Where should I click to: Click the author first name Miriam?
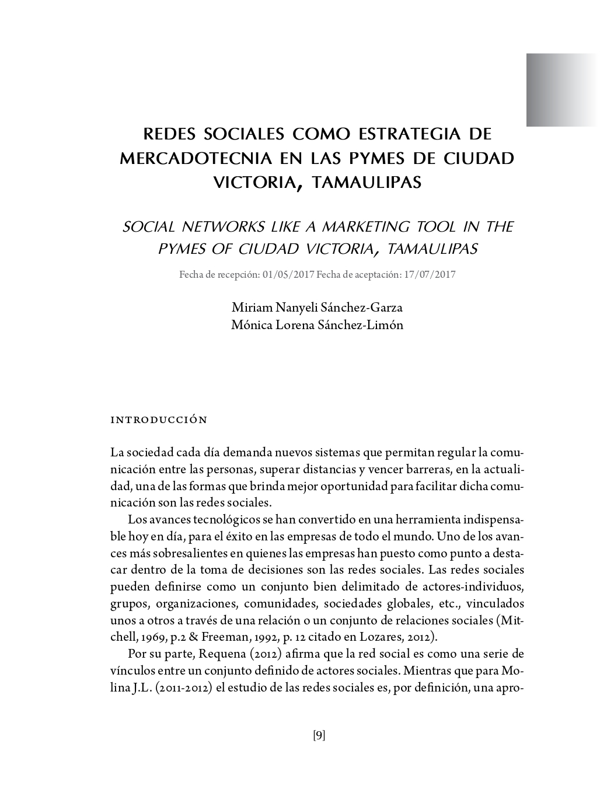coord(249,307)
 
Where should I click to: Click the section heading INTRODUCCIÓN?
coord(158,420)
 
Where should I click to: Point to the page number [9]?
coord(319,735)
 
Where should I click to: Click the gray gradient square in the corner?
coord(560,90)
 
